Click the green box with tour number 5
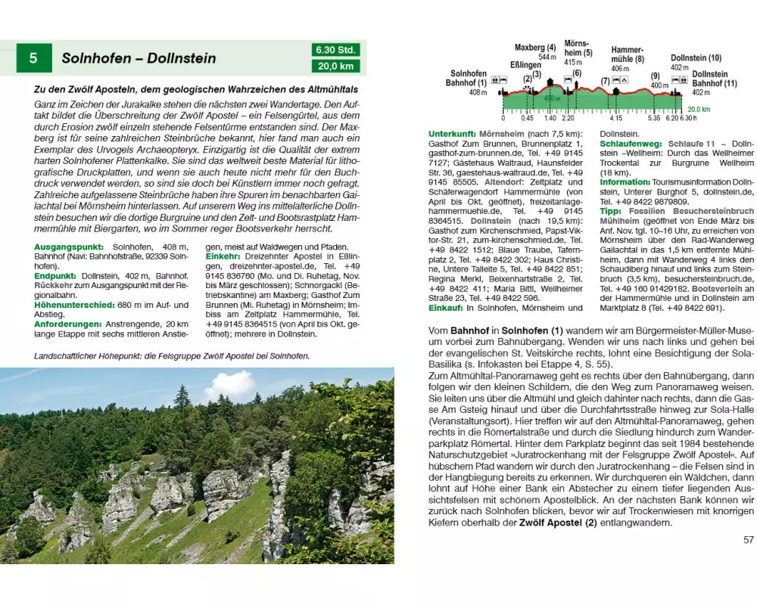point(34,58)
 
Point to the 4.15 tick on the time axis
point(615,119)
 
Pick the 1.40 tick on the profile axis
point(550,119)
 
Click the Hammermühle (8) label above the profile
point(628,54)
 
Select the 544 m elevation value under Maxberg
point(547,57)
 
